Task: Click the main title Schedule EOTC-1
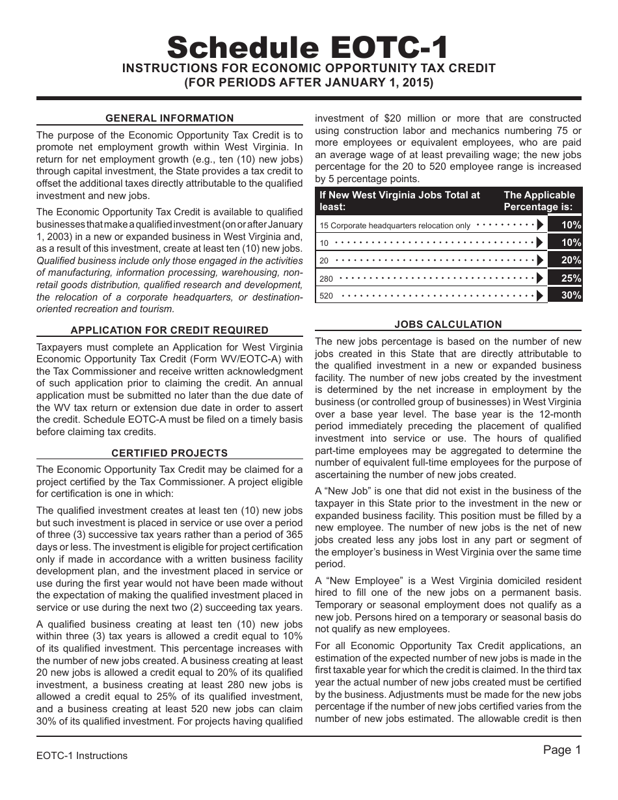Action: [308, 47]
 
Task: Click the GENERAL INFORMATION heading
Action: [170, 118]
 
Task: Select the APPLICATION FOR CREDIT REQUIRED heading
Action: [170, 330]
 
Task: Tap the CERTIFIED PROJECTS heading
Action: [170, 453]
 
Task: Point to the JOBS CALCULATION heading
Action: [448, 324]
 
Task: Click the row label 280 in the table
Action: [327, 278]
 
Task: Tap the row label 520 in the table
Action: [327, 296]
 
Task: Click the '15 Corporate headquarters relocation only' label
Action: [394, 226]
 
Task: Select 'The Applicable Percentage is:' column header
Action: [539, 201]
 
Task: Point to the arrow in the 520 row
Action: [540, 296]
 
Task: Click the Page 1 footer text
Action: [561, 750]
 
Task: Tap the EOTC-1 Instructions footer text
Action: [82, 755]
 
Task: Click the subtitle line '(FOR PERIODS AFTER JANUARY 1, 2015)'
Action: [308, 83]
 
